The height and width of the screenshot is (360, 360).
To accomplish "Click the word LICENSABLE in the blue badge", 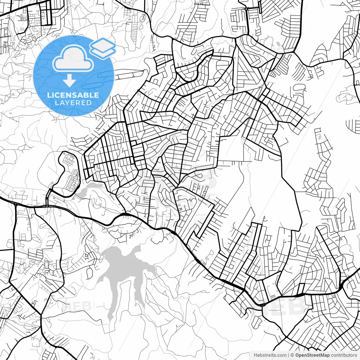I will (73, 95).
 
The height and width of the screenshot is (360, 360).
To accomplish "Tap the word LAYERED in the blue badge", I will (73, 103).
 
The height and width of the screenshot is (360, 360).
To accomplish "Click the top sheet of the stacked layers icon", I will (103, 44).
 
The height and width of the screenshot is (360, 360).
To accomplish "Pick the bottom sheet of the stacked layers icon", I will (103, 52).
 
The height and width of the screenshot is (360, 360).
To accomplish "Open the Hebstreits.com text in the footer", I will (270, 355).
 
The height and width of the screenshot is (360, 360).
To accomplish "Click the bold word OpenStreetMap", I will (312, 355).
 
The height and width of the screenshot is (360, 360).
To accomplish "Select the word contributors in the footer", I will (344, 355).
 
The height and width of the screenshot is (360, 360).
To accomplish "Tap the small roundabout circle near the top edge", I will (246, 9).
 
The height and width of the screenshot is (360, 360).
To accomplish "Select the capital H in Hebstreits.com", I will (255, 355).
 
